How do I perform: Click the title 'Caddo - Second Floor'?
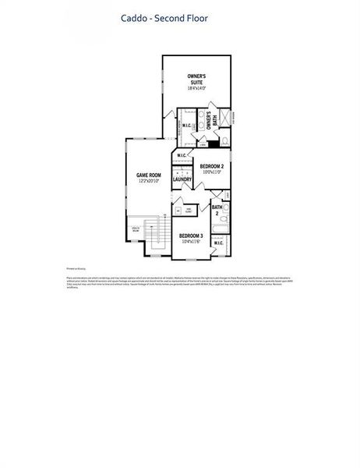point(163,16)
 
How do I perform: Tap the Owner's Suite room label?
point(196,80)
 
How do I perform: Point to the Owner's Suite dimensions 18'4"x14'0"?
point(196,89)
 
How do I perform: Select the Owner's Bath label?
point(210,123)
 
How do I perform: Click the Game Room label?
point(148,175)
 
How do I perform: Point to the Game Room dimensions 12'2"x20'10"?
point(148,181)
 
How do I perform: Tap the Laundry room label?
point(182,179)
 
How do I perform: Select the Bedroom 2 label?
point(212,166)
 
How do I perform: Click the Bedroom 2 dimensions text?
point(212,172)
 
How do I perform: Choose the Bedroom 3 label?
point(191,236)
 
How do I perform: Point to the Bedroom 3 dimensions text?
point(191,242)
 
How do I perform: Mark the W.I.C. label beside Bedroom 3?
point(218,243)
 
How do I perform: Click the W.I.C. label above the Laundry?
point(182,156)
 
